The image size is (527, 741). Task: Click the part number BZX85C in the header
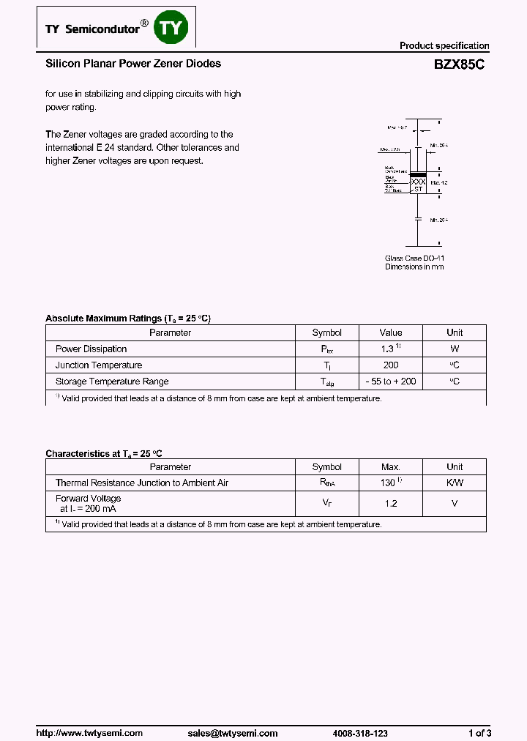[x=459, y=64]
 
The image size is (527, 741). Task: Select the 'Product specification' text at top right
[x=444, y=45]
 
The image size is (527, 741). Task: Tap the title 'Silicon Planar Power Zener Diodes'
[x=133, y=64]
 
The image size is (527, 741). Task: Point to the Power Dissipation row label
[x=91, y=349]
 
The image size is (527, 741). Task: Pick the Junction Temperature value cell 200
[x=391, y=365]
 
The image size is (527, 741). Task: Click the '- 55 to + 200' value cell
[x=391, y=381]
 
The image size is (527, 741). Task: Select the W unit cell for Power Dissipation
[x=455, y=349]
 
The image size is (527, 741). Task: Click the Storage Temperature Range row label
[x=112, y=381]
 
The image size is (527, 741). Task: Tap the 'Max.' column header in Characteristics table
[x=391, y=467]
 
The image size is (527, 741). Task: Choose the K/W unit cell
[x=455, y=483]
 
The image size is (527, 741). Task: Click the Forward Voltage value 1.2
[x=391, y=504]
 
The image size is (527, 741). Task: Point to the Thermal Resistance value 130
[x=389, y=483]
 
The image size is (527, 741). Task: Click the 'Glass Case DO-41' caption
[x=414, y=258]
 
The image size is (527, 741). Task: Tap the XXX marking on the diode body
[x=418, y=182]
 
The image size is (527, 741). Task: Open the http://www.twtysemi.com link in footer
[x=89, y=733]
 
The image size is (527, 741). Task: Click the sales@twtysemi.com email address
[x=233, y=733]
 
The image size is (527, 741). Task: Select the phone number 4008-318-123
[x=359, y=733]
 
